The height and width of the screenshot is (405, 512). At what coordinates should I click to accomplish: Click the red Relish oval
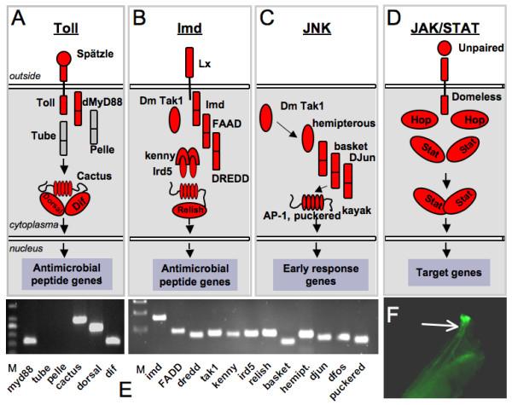189,210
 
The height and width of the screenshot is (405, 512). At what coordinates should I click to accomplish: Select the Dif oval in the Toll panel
78,204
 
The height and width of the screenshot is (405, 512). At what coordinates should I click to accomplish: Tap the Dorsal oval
52,203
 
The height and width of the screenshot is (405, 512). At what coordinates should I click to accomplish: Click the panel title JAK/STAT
445,28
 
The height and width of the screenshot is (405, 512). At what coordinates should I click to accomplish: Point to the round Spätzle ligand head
64,58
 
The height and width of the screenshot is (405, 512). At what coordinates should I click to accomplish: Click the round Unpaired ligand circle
445,48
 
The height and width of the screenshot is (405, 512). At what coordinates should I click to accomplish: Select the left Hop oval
420,120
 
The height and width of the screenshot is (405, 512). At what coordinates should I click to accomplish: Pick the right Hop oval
470,120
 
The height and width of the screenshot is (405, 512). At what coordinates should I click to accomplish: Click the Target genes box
449,273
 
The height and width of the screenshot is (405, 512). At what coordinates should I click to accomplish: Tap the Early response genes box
321,275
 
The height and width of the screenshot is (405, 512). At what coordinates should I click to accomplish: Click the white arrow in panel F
441,325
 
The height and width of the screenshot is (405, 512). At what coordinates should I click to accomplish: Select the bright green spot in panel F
465,319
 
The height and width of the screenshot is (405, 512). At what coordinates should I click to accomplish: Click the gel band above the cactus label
80,320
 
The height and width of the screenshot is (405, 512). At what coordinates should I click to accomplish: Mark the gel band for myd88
29,341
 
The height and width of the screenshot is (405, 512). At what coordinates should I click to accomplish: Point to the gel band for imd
159,317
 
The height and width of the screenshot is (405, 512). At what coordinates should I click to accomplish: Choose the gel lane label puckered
346,381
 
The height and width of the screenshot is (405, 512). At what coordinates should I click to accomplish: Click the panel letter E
125,390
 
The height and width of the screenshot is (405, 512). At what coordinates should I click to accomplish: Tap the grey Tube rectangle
64,138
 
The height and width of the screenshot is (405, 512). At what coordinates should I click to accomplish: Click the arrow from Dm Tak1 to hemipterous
287,130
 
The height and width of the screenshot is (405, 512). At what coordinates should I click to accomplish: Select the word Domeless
476,97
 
